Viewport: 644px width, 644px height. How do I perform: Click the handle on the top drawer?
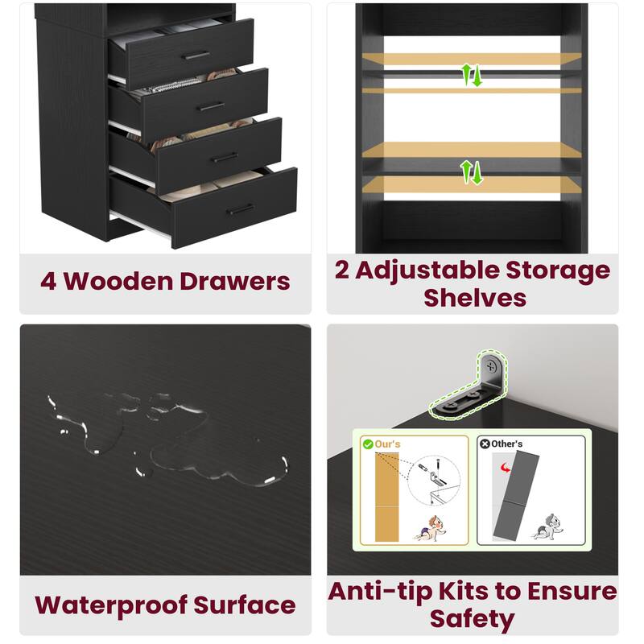tap(196, 56)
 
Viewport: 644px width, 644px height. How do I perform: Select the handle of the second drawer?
tap(211, 105)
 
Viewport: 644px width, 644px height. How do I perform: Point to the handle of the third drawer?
tap(225, 157)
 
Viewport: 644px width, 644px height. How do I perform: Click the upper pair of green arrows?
tap(471, 75)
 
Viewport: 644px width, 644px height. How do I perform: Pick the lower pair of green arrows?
tap(471, 171)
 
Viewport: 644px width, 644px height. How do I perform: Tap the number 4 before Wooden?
tap(48, 282)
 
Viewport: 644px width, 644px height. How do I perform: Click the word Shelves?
tap(475, 297)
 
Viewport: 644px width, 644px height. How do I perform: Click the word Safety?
tap(472, 619)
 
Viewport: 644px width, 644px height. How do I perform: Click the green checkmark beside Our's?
tap(368, 444)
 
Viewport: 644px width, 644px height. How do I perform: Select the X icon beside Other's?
tap(485, 444)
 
